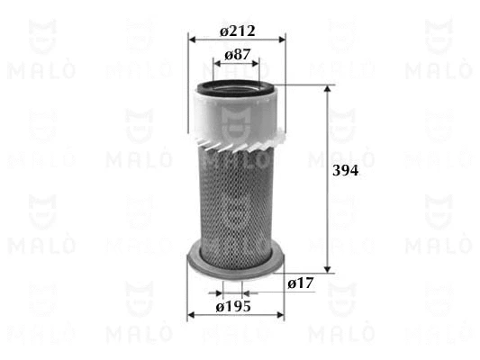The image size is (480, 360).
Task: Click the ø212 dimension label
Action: point(238,31)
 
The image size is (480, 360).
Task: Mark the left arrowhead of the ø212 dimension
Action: point(192,40)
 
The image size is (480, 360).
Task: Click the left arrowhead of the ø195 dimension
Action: point(191,315)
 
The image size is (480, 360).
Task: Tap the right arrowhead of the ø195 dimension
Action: point(280,315)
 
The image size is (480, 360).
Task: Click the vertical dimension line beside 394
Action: point(328,216)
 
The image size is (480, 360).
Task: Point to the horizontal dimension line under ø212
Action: point(236,40)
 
